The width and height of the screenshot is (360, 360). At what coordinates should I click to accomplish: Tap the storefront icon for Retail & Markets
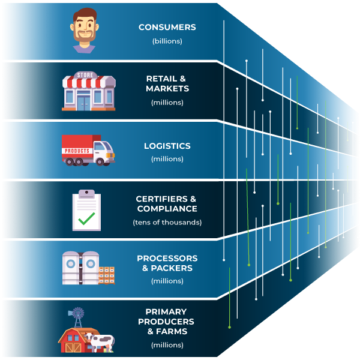(x=88, y=92)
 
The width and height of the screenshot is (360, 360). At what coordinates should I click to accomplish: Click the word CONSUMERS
(x=167, y=28)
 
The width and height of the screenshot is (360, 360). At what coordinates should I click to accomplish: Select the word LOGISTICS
(x=167, y=146)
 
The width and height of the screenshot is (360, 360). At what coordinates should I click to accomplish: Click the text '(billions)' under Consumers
(x=167, y=41)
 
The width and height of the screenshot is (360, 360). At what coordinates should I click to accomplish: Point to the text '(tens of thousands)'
(x=167, y=222)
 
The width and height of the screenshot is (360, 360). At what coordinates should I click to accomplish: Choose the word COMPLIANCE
(x=167, y=209)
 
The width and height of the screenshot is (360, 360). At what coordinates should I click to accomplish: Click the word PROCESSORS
(x=167, y=258)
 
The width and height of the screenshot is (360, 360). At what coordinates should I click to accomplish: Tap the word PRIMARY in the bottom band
(x=166, y=311)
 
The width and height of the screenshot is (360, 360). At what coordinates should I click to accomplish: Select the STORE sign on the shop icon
(x=88, y=76)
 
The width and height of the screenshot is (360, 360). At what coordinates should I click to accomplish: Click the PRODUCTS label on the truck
(x=76, y=151)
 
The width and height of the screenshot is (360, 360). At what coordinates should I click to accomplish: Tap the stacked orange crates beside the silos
(x=106, y=275)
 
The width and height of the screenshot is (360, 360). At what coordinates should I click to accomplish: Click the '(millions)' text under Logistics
(x=167, y=159)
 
